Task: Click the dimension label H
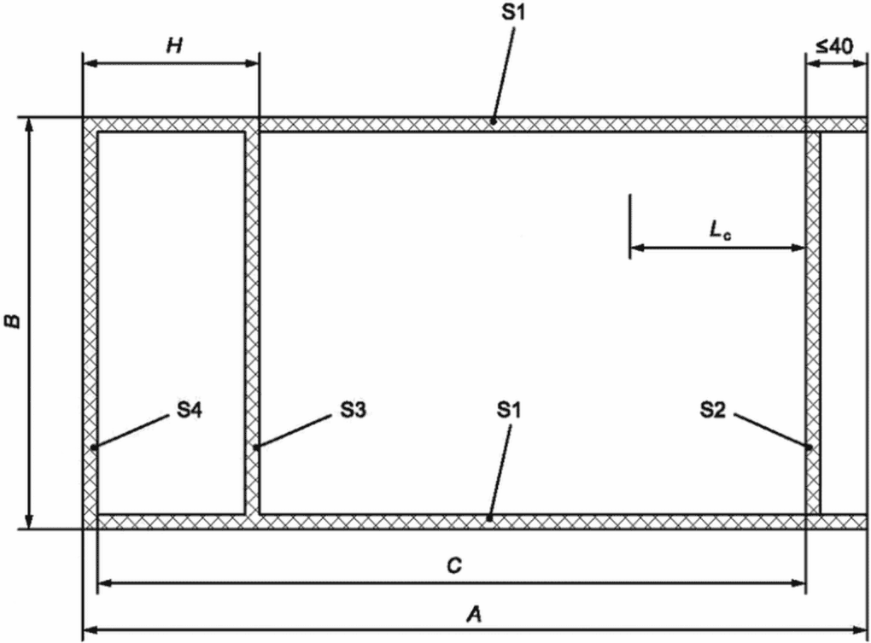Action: [174, 45]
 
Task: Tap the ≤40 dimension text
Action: [833, 47]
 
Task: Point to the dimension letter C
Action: [454, 566]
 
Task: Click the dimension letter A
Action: [474, 615]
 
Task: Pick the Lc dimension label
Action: [721, 231]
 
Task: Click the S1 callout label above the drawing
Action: [512, 12]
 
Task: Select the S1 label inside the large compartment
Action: [510, 411]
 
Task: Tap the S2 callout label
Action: [713, 411]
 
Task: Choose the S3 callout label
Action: [354, 411]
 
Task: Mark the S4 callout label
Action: [190, 411]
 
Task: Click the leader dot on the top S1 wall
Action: [493, 121]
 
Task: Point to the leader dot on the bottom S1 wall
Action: [489, 518]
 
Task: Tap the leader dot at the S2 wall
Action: [810, 446]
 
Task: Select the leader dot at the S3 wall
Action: [255, 446]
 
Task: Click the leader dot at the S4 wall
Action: [94, 447]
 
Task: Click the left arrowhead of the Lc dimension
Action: [637, 248]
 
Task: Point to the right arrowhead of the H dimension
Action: [252, 63]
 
